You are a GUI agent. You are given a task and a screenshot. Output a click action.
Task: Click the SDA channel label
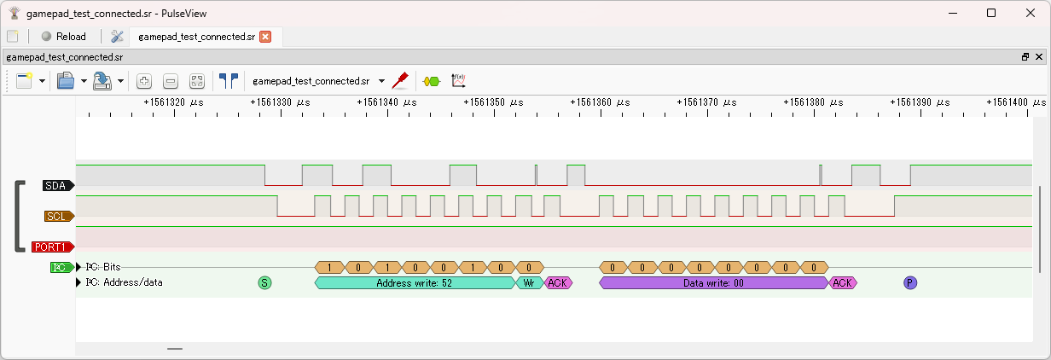coord(57,185)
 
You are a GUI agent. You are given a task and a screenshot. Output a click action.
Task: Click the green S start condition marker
coord(264,282)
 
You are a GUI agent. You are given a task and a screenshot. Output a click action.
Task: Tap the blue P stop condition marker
coord(910,282)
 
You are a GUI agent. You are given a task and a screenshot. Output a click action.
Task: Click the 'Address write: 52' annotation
coord(414,282)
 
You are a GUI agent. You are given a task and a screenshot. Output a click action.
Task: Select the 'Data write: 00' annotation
coord(714,282)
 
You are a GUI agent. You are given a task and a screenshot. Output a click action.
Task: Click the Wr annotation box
coord(529,282)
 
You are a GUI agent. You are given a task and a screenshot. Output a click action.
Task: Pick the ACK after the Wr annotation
coord(558,282)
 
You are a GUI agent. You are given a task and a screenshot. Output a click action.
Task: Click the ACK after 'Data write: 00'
coord(843,282)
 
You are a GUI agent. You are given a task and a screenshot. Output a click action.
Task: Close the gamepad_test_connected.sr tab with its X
coord(265,37)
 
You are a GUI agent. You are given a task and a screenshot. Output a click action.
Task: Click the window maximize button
coord(991,13)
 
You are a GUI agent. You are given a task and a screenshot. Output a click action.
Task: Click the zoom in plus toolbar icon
coord(144,81)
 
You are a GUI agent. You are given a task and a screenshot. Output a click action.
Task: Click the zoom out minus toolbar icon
coord(171,81)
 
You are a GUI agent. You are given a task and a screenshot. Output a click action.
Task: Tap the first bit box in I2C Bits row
coord(329,267)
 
